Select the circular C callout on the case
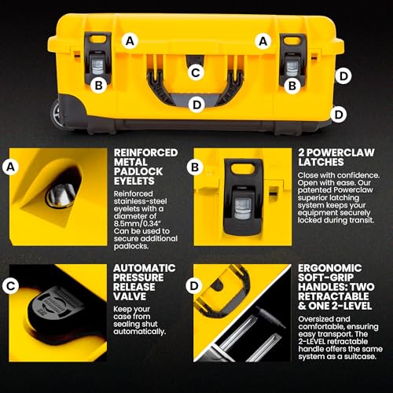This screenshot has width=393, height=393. coord(197,73)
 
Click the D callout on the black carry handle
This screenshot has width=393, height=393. coord(196,104)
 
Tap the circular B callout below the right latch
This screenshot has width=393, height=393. coord(292,85)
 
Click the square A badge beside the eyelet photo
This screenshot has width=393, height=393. coord(11,167)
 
